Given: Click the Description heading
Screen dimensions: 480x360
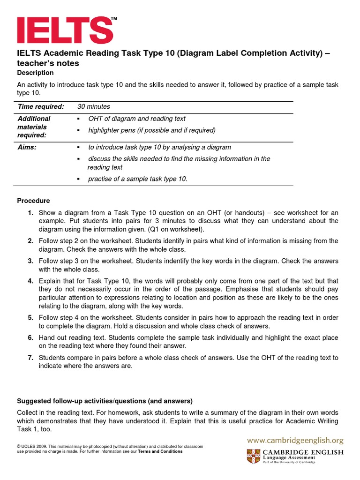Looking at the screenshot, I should (x=35, y=73).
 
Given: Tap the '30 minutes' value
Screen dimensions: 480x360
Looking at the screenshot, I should (x=94, y=107).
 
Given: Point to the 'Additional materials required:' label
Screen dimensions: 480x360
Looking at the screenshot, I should (x=34, y=127).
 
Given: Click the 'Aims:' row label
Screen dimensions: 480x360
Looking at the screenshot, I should (x=27, y=147).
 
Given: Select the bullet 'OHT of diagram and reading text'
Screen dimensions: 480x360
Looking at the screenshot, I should (x=137, y=119).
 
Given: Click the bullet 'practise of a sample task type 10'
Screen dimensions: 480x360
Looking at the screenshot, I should (x=138, y=179).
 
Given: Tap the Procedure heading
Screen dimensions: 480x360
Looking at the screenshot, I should (x=33, y=201).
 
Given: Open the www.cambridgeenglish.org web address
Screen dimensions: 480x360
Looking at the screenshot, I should (x=295, y=440).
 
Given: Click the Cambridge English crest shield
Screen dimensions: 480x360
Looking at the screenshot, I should (x=253, y=456).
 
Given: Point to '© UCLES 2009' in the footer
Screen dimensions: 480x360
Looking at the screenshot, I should (x=32, y=447).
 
